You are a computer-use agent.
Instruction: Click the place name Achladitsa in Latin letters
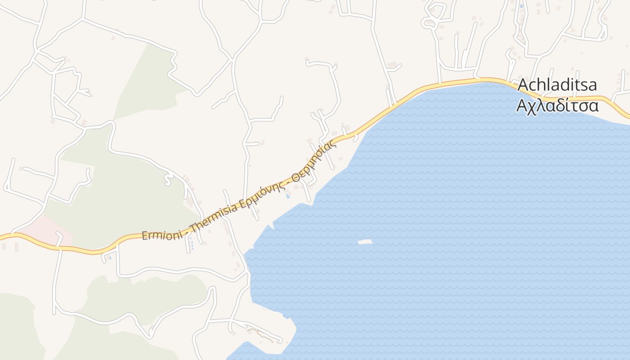[x=557, y=85]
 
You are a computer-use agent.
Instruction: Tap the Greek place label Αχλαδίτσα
[x=557, y=106]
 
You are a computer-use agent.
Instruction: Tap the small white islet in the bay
[x=365, y=242]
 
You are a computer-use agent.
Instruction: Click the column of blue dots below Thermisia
[x=192, y=245]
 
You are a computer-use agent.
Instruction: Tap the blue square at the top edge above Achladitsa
[x=522, y=6]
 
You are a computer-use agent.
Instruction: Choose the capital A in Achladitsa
[x=523, y=85]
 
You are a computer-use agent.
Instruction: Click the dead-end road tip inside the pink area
[x=58, y=233]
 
